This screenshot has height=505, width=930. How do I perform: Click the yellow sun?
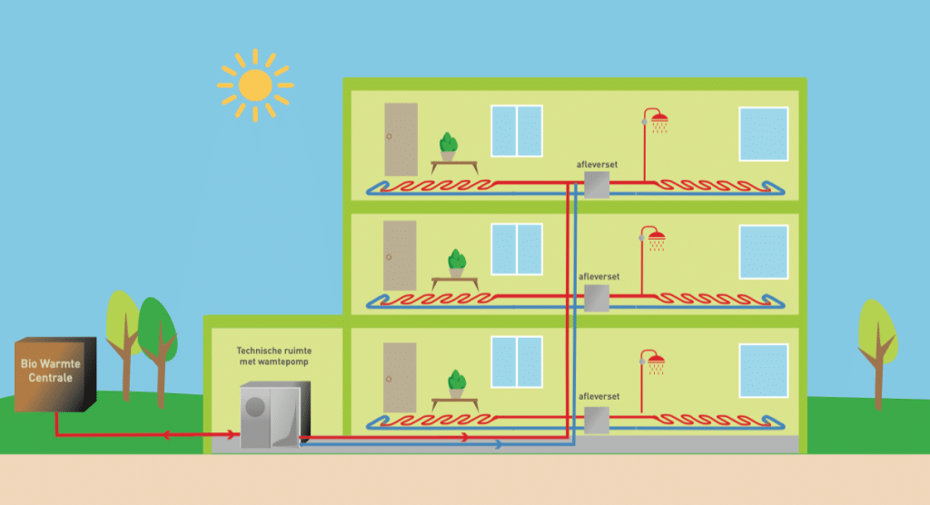[x=255, y=85]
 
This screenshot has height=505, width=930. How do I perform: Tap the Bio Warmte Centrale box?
[x=55, y=374]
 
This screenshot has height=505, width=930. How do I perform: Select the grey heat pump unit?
[x=275, y=415]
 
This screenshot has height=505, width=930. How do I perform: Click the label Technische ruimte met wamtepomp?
[x=274, y=356]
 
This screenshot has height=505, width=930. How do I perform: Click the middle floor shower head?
[x=657, y=240]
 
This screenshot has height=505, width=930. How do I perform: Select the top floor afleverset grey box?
[x=597, y=185]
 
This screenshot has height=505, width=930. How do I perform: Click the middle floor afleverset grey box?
[x=597, y=298]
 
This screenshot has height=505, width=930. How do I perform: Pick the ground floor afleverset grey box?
[x=597, y=420]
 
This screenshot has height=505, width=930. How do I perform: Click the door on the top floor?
[x=401, y=140]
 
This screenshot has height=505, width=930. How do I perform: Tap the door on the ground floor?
[x=400, y=378]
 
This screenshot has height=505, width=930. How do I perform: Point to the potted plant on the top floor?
[x=449, y=146]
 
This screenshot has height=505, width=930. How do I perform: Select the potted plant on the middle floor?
[x=457, y=263]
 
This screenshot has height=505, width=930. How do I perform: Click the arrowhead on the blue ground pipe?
[x=499, y=444]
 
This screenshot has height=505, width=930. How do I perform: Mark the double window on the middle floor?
[x=517, y=249]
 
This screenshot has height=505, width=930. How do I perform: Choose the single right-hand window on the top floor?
[x=763, y=134]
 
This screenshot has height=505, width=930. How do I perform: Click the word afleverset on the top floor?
[x=597, y=164]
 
